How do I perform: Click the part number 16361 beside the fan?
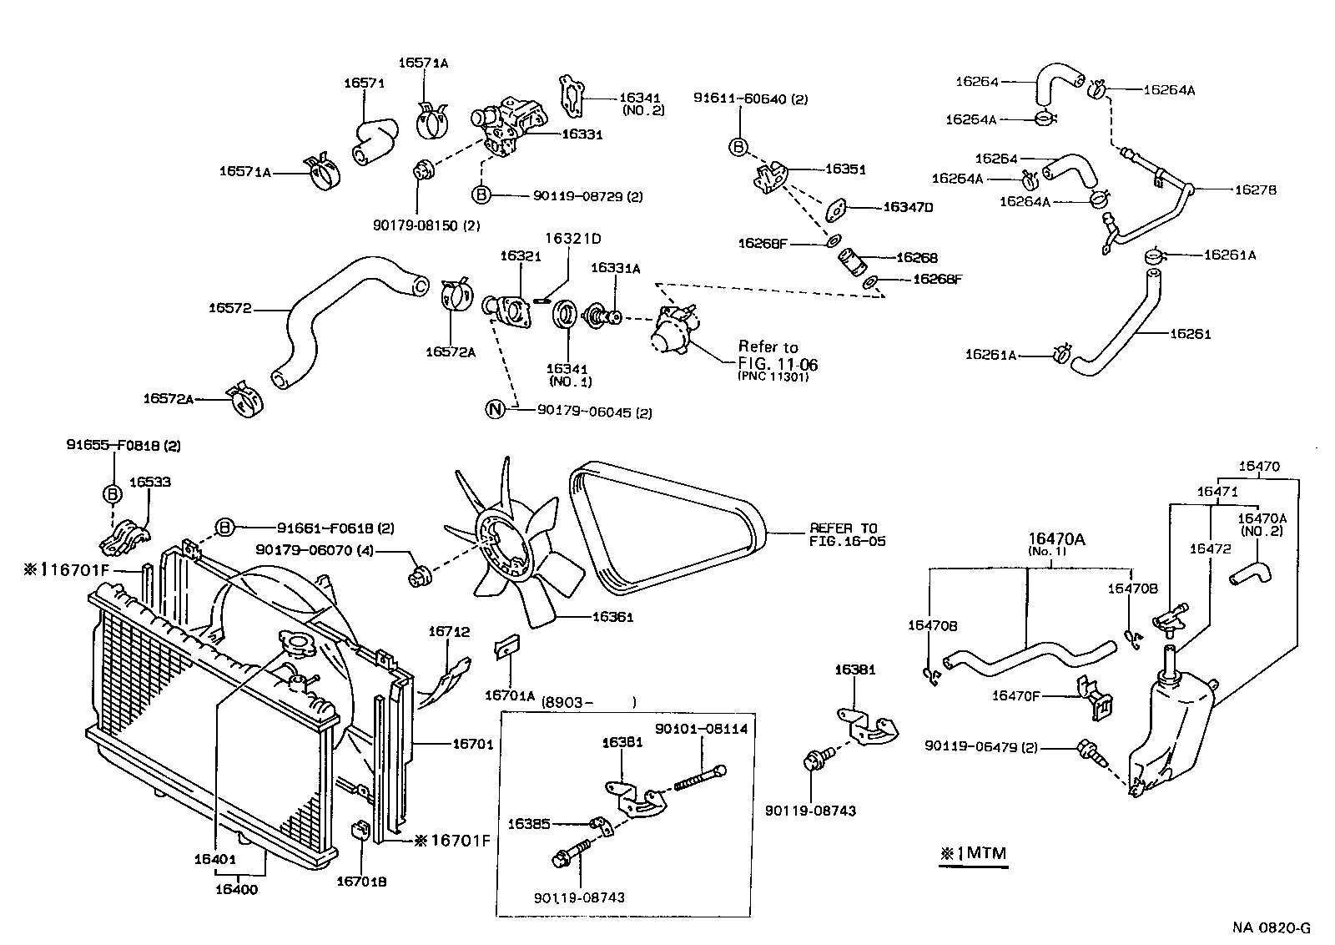(x=614, y=618)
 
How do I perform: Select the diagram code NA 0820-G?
(x=1272, y=927)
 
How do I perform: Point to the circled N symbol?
(x=496, y=409)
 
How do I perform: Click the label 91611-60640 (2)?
(x=750, y=99)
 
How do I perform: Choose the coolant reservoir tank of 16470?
(x=1172, y=735)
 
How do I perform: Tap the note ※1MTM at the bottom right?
(x=973, y=853)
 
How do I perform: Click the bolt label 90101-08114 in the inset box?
(x=701, y=729)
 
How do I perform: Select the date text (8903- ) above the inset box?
(x=588, y=702)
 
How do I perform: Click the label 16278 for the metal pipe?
(x=1256, y=190)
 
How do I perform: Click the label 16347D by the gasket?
(x=908, y=206)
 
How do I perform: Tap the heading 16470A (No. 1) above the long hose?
(x=1056, y=544)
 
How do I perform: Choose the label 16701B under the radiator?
(x=361, y=881)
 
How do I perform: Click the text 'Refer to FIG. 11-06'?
(x=778, y=356)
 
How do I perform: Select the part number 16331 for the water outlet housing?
(x=582, y=134)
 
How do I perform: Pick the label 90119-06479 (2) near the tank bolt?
(x=981, y=747)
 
